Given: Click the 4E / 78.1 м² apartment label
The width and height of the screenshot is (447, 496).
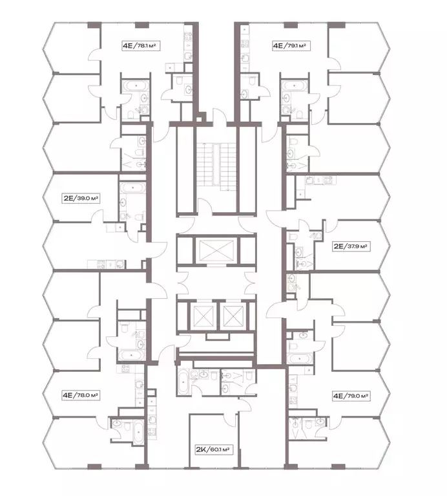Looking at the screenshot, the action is pos(140,46).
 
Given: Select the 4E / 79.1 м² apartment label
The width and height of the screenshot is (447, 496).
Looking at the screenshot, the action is pos(291,46).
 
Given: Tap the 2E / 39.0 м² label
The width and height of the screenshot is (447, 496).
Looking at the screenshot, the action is pos(81,199).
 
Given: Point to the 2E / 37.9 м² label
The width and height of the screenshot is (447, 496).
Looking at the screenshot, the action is pos(351,246).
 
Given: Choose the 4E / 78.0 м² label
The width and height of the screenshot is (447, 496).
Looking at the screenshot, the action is pos(81,395).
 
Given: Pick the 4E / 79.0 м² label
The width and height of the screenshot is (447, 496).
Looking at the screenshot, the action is pos(351,396).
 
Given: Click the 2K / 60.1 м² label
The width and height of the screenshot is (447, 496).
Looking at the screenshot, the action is pos(214,449).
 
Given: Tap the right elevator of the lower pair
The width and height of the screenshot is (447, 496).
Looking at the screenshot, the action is pos(233,316).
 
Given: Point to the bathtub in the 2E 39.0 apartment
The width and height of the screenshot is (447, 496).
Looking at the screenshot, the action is pos(132,188).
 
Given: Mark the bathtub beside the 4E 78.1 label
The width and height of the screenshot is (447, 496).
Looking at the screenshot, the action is pos(136,86).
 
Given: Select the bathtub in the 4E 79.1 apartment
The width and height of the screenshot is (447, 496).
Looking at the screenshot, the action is pos(295,85).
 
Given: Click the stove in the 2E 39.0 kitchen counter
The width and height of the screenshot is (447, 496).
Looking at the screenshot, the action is pos(101,264).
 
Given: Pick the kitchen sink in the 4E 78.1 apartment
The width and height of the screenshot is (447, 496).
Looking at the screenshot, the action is pos(189,56).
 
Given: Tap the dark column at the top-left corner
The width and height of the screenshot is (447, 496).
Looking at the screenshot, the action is pos(94,25).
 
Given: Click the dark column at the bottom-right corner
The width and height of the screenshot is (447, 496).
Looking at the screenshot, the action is pos(338,467).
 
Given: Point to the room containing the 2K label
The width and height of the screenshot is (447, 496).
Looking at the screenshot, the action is pos(214,440).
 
